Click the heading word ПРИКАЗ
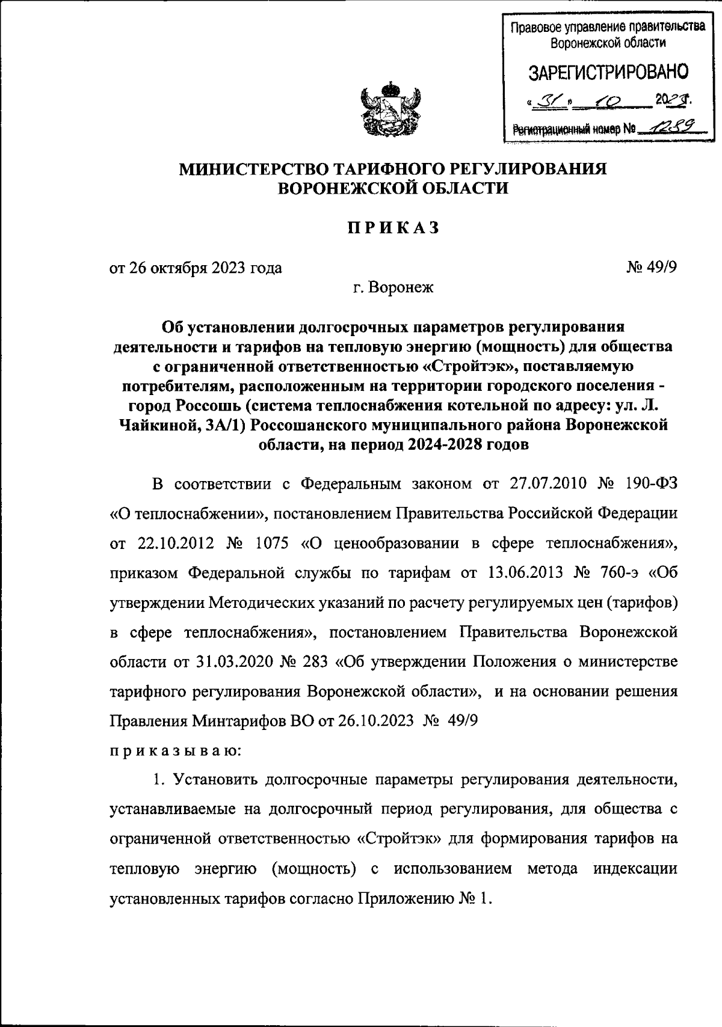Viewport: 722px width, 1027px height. tap(393, 228)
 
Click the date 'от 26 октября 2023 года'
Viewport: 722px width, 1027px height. tap(196, 268)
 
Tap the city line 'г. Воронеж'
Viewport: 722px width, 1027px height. tap(393, 287)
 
